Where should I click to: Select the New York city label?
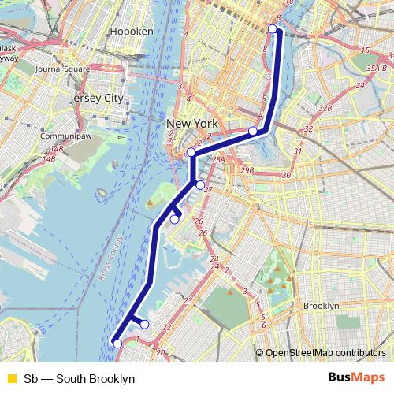pos(192,124)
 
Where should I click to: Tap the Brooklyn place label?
pos(321,306)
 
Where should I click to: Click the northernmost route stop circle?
pos(273,29)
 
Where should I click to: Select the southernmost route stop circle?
pos(117,343)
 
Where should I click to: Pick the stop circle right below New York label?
pos(191,152)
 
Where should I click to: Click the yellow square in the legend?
pos(11,379)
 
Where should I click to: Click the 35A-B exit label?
pos(377,69)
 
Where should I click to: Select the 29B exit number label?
pos(247,170)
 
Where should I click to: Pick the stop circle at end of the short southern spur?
pos(144,324)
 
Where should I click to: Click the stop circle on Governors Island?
pos(175,220)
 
